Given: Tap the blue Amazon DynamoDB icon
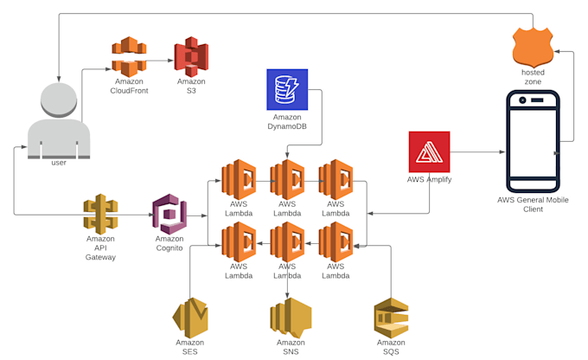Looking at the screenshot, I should tap(287, 89).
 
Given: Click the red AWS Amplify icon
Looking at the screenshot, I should tap(430, 151).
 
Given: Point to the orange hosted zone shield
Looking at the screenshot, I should tap(533, 47).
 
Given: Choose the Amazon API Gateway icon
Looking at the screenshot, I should tap(100, 214).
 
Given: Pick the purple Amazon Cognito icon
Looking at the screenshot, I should tap(169, 213).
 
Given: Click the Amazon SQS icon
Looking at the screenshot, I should tap(391, 318).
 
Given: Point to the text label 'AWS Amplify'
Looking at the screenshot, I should tap(430, 180).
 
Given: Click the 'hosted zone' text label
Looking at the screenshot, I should tap(533, 77).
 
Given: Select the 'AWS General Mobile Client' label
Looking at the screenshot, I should tap(533, 204).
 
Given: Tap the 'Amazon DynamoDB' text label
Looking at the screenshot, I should tap(287, 122).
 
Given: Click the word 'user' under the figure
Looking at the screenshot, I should tap(59, 163).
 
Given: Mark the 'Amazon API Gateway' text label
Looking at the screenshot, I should tap(100, 247).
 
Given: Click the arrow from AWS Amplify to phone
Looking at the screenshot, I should tap(476, 152).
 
